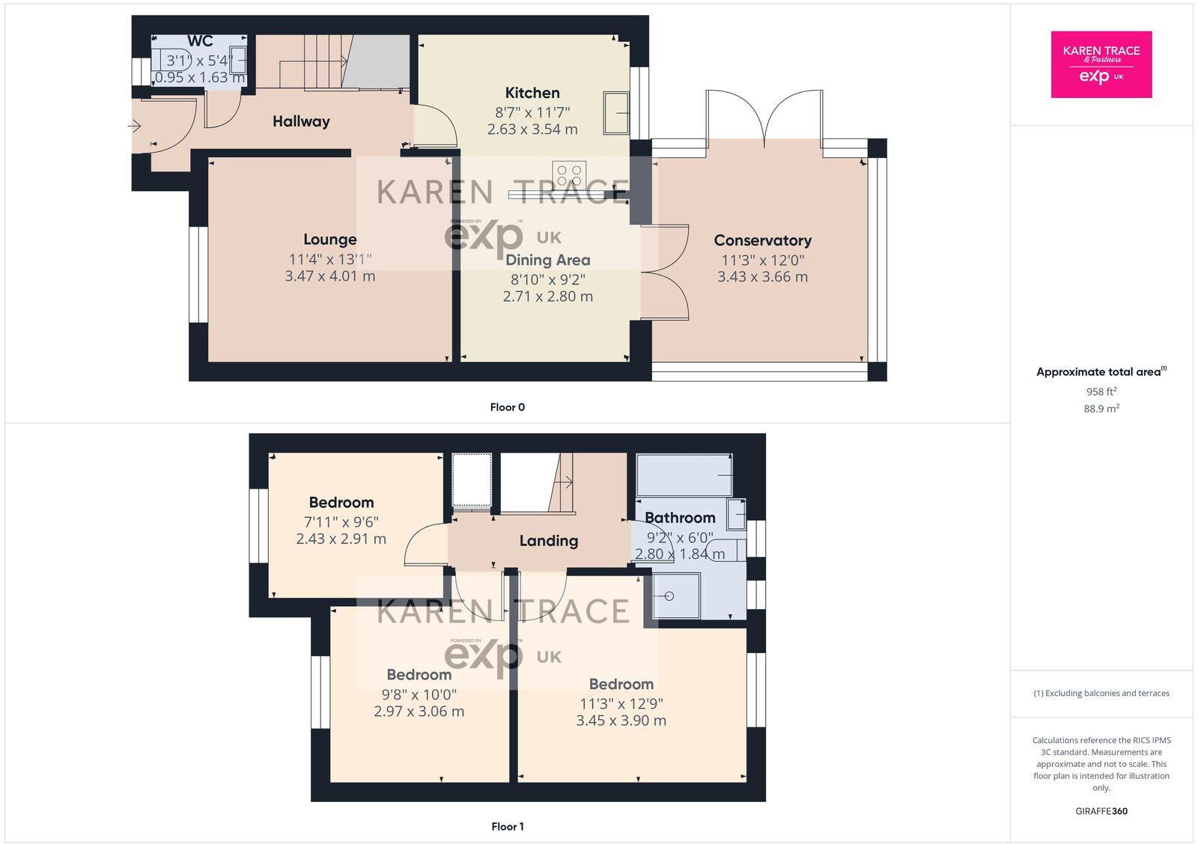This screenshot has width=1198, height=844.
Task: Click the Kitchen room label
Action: [532, 93]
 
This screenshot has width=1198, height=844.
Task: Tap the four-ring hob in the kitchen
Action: [569, 175]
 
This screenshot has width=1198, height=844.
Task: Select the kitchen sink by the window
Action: [616, 112]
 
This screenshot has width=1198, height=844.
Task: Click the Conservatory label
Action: [763, 240]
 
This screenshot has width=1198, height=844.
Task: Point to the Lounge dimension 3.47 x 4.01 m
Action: [330, 276]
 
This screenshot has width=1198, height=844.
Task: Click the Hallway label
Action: [301, 121]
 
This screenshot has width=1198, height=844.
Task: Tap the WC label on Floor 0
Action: [200, 41]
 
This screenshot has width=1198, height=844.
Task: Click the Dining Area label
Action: [547, 260]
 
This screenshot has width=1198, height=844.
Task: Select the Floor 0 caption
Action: [508, 407]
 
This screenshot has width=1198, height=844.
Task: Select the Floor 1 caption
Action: [508, 826]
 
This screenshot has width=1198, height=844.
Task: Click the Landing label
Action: [549, 541]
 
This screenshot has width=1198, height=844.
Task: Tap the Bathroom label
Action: [680, 518]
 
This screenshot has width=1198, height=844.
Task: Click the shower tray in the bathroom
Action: [676, 596]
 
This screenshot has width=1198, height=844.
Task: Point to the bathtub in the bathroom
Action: [684, 474]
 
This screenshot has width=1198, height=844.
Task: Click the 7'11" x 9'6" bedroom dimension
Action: [341, 522]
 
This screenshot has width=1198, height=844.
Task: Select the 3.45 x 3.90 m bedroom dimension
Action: [621, 721]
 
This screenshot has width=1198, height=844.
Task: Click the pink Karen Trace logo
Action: [1101, 64]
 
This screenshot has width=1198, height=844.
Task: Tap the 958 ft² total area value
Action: [1101, 391]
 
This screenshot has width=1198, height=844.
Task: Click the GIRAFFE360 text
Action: [1101, 811]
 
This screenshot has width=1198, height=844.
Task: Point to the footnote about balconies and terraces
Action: [1101, 694]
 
